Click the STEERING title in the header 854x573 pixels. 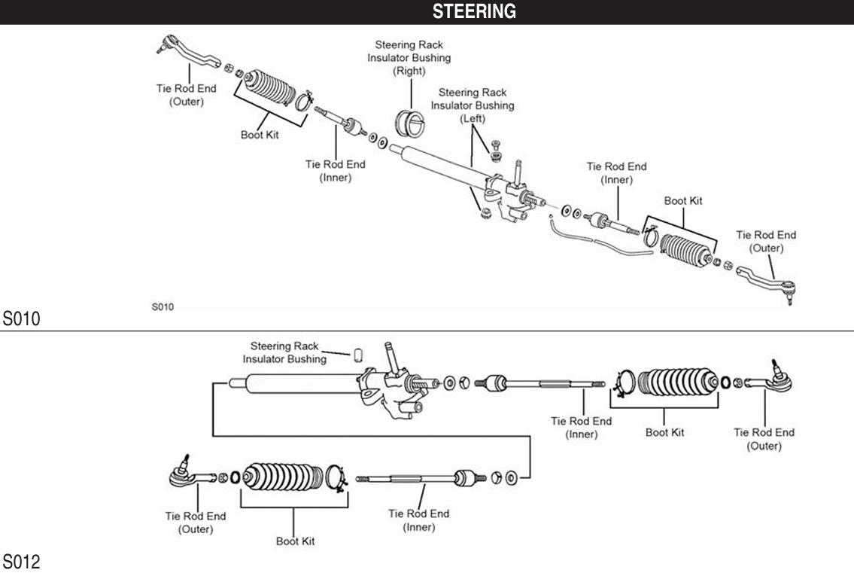tap(474, 11)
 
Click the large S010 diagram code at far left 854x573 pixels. tap(20, 319)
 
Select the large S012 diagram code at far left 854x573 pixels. tap(20, 562)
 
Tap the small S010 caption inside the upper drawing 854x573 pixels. tap(163, 306)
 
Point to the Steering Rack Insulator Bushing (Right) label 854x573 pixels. tap(409, 58)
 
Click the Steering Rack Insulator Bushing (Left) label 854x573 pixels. tap(473, 105)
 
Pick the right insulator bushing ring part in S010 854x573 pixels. tap(411, 122)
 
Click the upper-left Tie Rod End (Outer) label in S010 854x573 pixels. tap(186, 95)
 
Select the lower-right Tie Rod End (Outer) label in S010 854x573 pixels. tap(766, 242)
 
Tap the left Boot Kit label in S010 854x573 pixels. tap(260, 136)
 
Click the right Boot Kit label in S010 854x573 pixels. tap(683, 201)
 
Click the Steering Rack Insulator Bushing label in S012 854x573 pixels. tap(284, 352)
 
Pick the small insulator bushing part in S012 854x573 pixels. tap(359, 352)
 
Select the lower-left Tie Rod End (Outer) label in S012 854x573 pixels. tap(196, 523)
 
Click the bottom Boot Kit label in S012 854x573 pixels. tap(295, 541)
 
